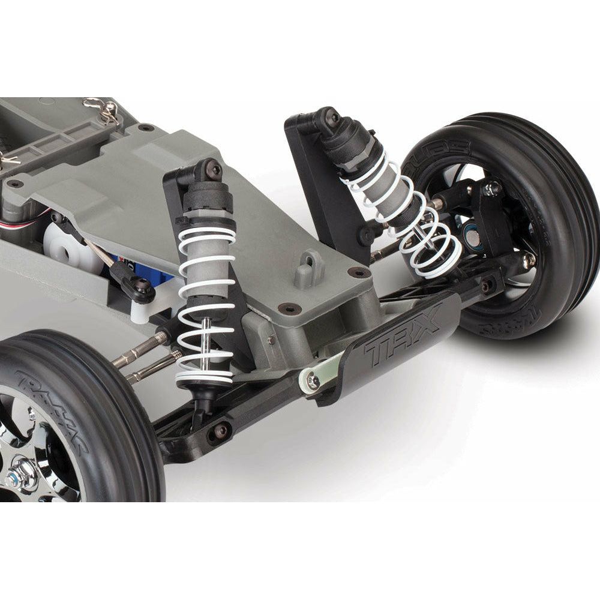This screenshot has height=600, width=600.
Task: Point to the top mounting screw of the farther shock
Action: [x=331, y=118]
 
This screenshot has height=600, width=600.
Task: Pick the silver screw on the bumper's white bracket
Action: [x=313, y=380]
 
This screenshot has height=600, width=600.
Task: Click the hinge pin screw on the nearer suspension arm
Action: [x=221, y=430]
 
